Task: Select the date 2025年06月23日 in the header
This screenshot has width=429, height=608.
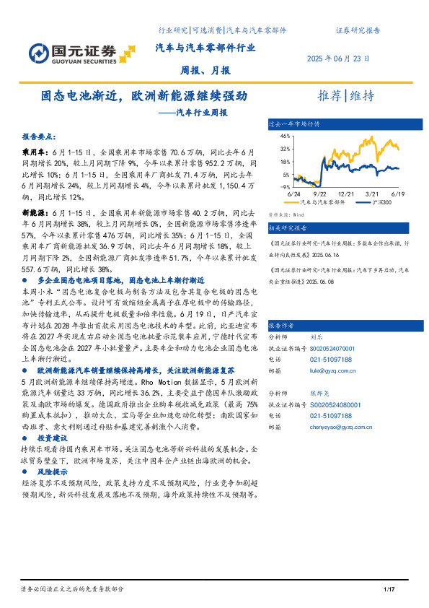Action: [x=338, y=58]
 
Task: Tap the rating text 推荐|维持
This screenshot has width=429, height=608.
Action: [x=346, y=96]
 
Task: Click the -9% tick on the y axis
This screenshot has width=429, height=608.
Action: [x=286, y=186]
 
